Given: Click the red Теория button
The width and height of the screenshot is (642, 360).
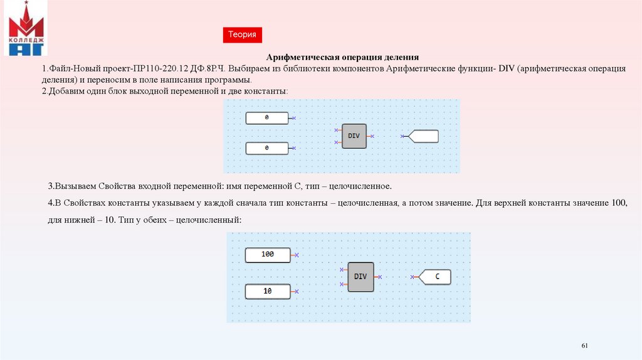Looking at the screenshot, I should [x=242, y=35].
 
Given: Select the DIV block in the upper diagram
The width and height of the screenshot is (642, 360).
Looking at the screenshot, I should [x=354, y=136].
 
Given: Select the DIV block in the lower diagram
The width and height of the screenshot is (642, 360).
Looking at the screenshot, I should [x=360, y=277].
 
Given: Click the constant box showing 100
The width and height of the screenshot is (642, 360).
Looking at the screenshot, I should [x=268, y=255].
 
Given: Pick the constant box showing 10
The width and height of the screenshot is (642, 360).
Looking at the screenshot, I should [x=268, y=292].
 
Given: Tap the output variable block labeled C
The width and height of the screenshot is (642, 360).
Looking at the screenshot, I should [x=436, y=277].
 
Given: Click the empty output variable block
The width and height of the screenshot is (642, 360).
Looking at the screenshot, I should [x=424, y=136].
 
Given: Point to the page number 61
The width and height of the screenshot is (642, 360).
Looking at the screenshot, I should [x=586, y=346].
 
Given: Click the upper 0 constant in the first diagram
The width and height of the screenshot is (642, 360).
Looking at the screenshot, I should [x=267, y=118].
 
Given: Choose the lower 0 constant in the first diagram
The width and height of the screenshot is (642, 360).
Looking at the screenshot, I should [x=267, y=148].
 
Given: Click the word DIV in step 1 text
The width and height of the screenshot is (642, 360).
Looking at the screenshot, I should [x=507, y=68].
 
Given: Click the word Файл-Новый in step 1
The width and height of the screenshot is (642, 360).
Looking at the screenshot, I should [x=70, y=68].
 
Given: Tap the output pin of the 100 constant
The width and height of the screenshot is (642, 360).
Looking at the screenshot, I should [x=297, y=255].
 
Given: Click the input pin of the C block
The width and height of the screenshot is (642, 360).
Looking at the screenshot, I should [x=413, y=277].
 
